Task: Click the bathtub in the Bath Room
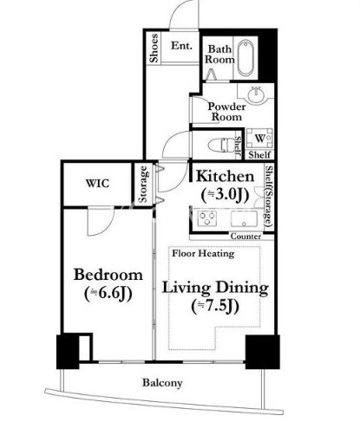[245, 58]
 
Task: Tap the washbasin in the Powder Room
[256, 94]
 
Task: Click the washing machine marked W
[259, 139]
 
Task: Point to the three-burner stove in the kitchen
[207, 218]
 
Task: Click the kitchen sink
[244, 218]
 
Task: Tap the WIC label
[97, 184]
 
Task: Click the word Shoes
[154, 48]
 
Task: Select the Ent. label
[181, 46]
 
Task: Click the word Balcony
[162, 383]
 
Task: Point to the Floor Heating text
[203, 254]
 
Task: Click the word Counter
[245, 237]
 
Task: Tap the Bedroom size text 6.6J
[108, 294]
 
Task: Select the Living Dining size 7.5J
[215, 306]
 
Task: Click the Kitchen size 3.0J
[225, 195]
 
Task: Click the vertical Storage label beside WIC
[143, 184]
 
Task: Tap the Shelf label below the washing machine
[259, 154]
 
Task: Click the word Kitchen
[225, 176]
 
